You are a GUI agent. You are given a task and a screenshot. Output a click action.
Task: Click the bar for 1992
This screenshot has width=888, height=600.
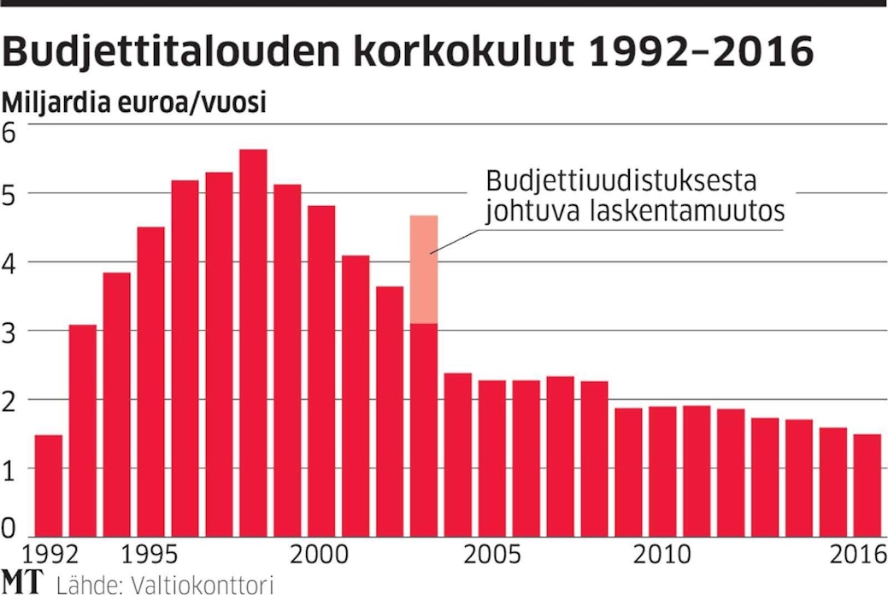[x=49, y=485]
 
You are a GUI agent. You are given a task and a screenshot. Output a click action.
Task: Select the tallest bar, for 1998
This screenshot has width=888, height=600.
[x=253, y=342]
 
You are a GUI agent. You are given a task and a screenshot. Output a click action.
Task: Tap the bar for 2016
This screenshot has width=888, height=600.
[x=867, y=485]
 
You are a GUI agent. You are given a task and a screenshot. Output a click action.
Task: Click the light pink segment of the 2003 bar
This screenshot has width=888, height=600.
[x=424, y=269]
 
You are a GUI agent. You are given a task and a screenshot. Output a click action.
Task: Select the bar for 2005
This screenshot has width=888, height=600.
[x=491, y=457]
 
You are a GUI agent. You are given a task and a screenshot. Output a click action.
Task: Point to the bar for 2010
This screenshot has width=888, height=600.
[x=662, y=471]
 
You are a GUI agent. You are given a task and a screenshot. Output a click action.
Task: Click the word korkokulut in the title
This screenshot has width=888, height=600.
[x=455, y=53]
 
